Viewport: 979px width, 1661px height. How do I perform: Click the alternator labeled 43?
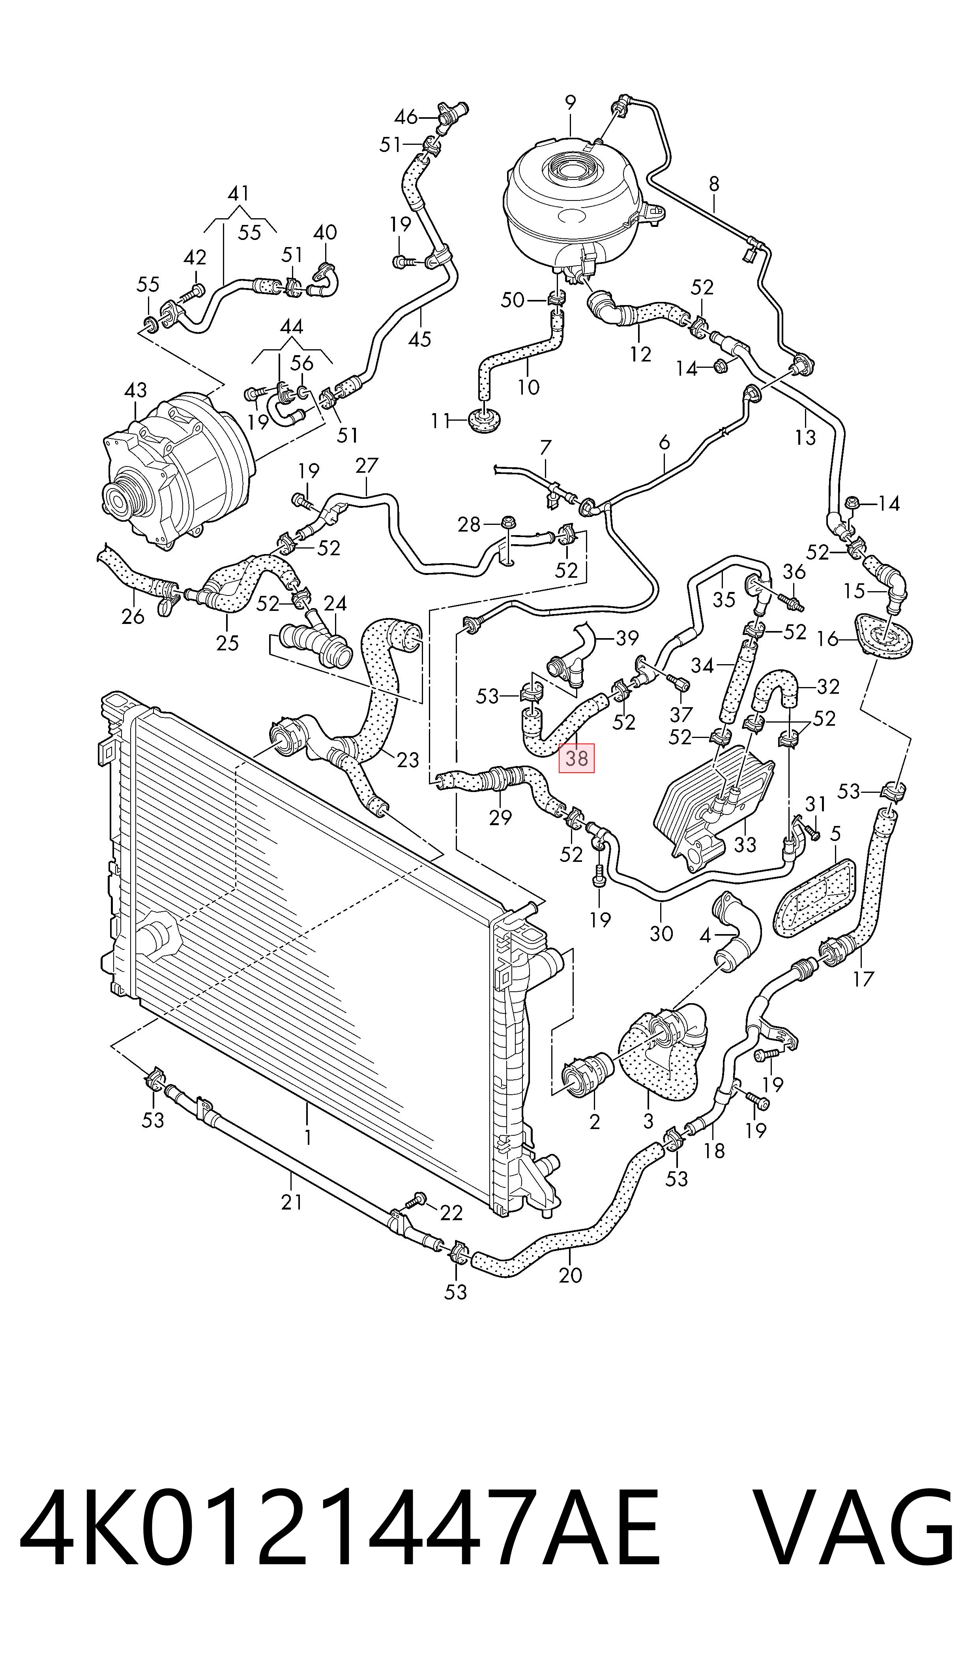tap(175, 469)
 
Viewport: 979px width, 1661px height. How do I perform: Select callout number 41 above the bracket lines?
tap(238, 193)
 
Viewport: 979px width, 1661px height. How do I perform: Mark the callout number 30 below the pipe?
tap(661, 933)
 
